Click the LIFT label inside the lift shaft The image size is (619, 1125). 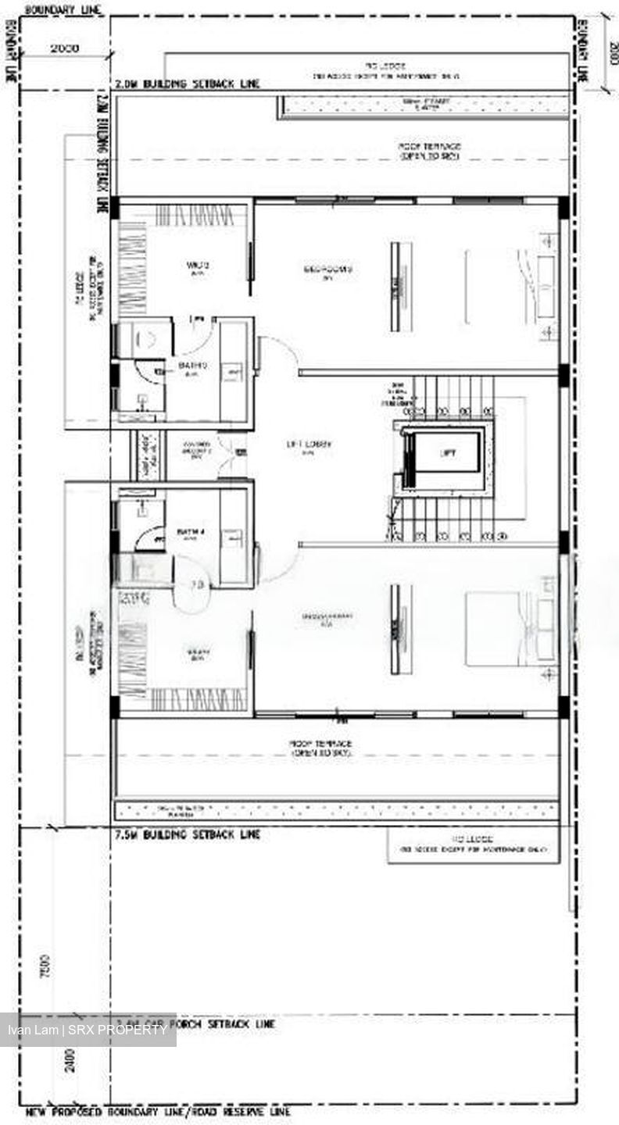pos(448,453)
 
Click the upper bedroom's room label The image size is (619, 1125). pos(328,270)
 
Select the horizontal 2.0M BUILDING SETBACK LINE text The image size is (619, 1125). pos(188,84)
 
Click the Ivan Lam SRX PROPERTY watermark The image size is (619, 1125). pos(88,1030)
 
